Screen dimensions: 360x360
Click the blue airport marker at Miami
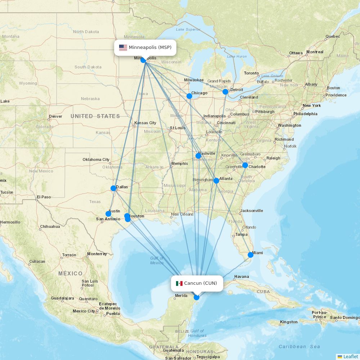[251, 255]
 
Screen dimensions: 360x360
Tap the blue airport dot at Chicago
[189, 96]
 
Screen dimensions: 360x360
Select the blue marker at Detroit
[225, 92]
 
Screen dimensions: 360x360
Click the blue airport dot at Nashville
[198, 156]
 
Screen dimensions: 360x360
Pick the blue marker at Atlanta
[216, 181]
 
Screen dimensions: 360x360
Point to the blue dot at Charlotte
[245, 165]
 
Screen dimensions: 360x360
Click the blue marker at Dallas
[113, 188]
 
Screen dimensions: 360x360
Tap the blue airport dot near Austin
[108, 214]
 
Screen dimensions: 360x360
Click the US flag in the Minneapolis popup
[123, 48]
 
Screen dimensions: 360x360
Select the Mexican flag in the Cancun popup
[179, 283]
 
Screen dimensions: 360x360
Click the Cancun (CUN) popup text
[201, 283]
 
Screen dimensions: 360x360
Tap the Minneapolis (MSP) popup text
[150, 48]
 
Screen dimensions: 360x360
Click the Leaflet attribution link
[350, 356]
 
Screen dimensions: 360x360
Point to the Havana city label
[241, 277]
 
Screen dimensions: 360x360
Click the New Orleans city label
[182, 214]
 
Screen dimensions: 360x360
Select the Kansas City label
[145, 123]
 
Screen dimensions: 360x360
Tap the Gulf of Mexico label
[157, 260]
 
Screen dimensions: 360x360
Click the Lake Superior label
[188, 29]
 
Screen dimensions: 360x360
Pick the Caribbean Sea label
[299, 346]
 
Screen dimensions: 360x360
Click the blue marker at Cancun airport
[197, 297]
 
